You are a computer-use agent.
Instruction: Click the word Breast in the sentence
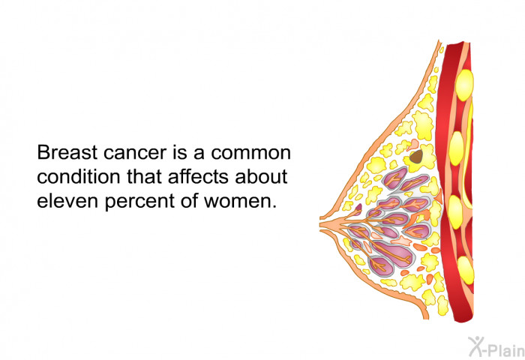click(x=67, y=152)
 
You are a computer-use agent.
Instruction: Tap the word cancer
click(x=134, y=154)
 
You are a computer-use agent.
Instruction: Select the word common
click(x=250, y=154)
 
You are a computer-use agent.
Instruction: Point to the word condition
click(x=78, y=177)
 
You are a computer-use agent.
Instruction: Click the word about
click(x=261, y=177)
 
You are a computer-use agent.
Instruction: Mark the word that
click(x=144, y=177)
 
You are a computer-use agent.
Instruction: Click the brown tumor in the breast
click(x=416, y=157)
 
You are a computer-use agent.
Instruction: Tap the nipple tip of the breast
click(x=322, y=223)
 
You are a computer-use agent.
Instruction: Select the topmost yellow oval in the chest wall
click(x=465, y=85)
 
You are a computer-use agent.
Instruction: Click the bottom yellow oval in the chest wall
click(x=466, y=270)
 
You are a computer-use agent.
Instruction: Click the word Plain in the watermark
click(x=505, y=350)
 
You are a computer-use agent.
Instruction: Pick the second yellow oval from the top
click(x=456, y=148)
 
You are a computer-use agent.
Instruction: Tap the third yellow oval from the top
click(x=455, y=212)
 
